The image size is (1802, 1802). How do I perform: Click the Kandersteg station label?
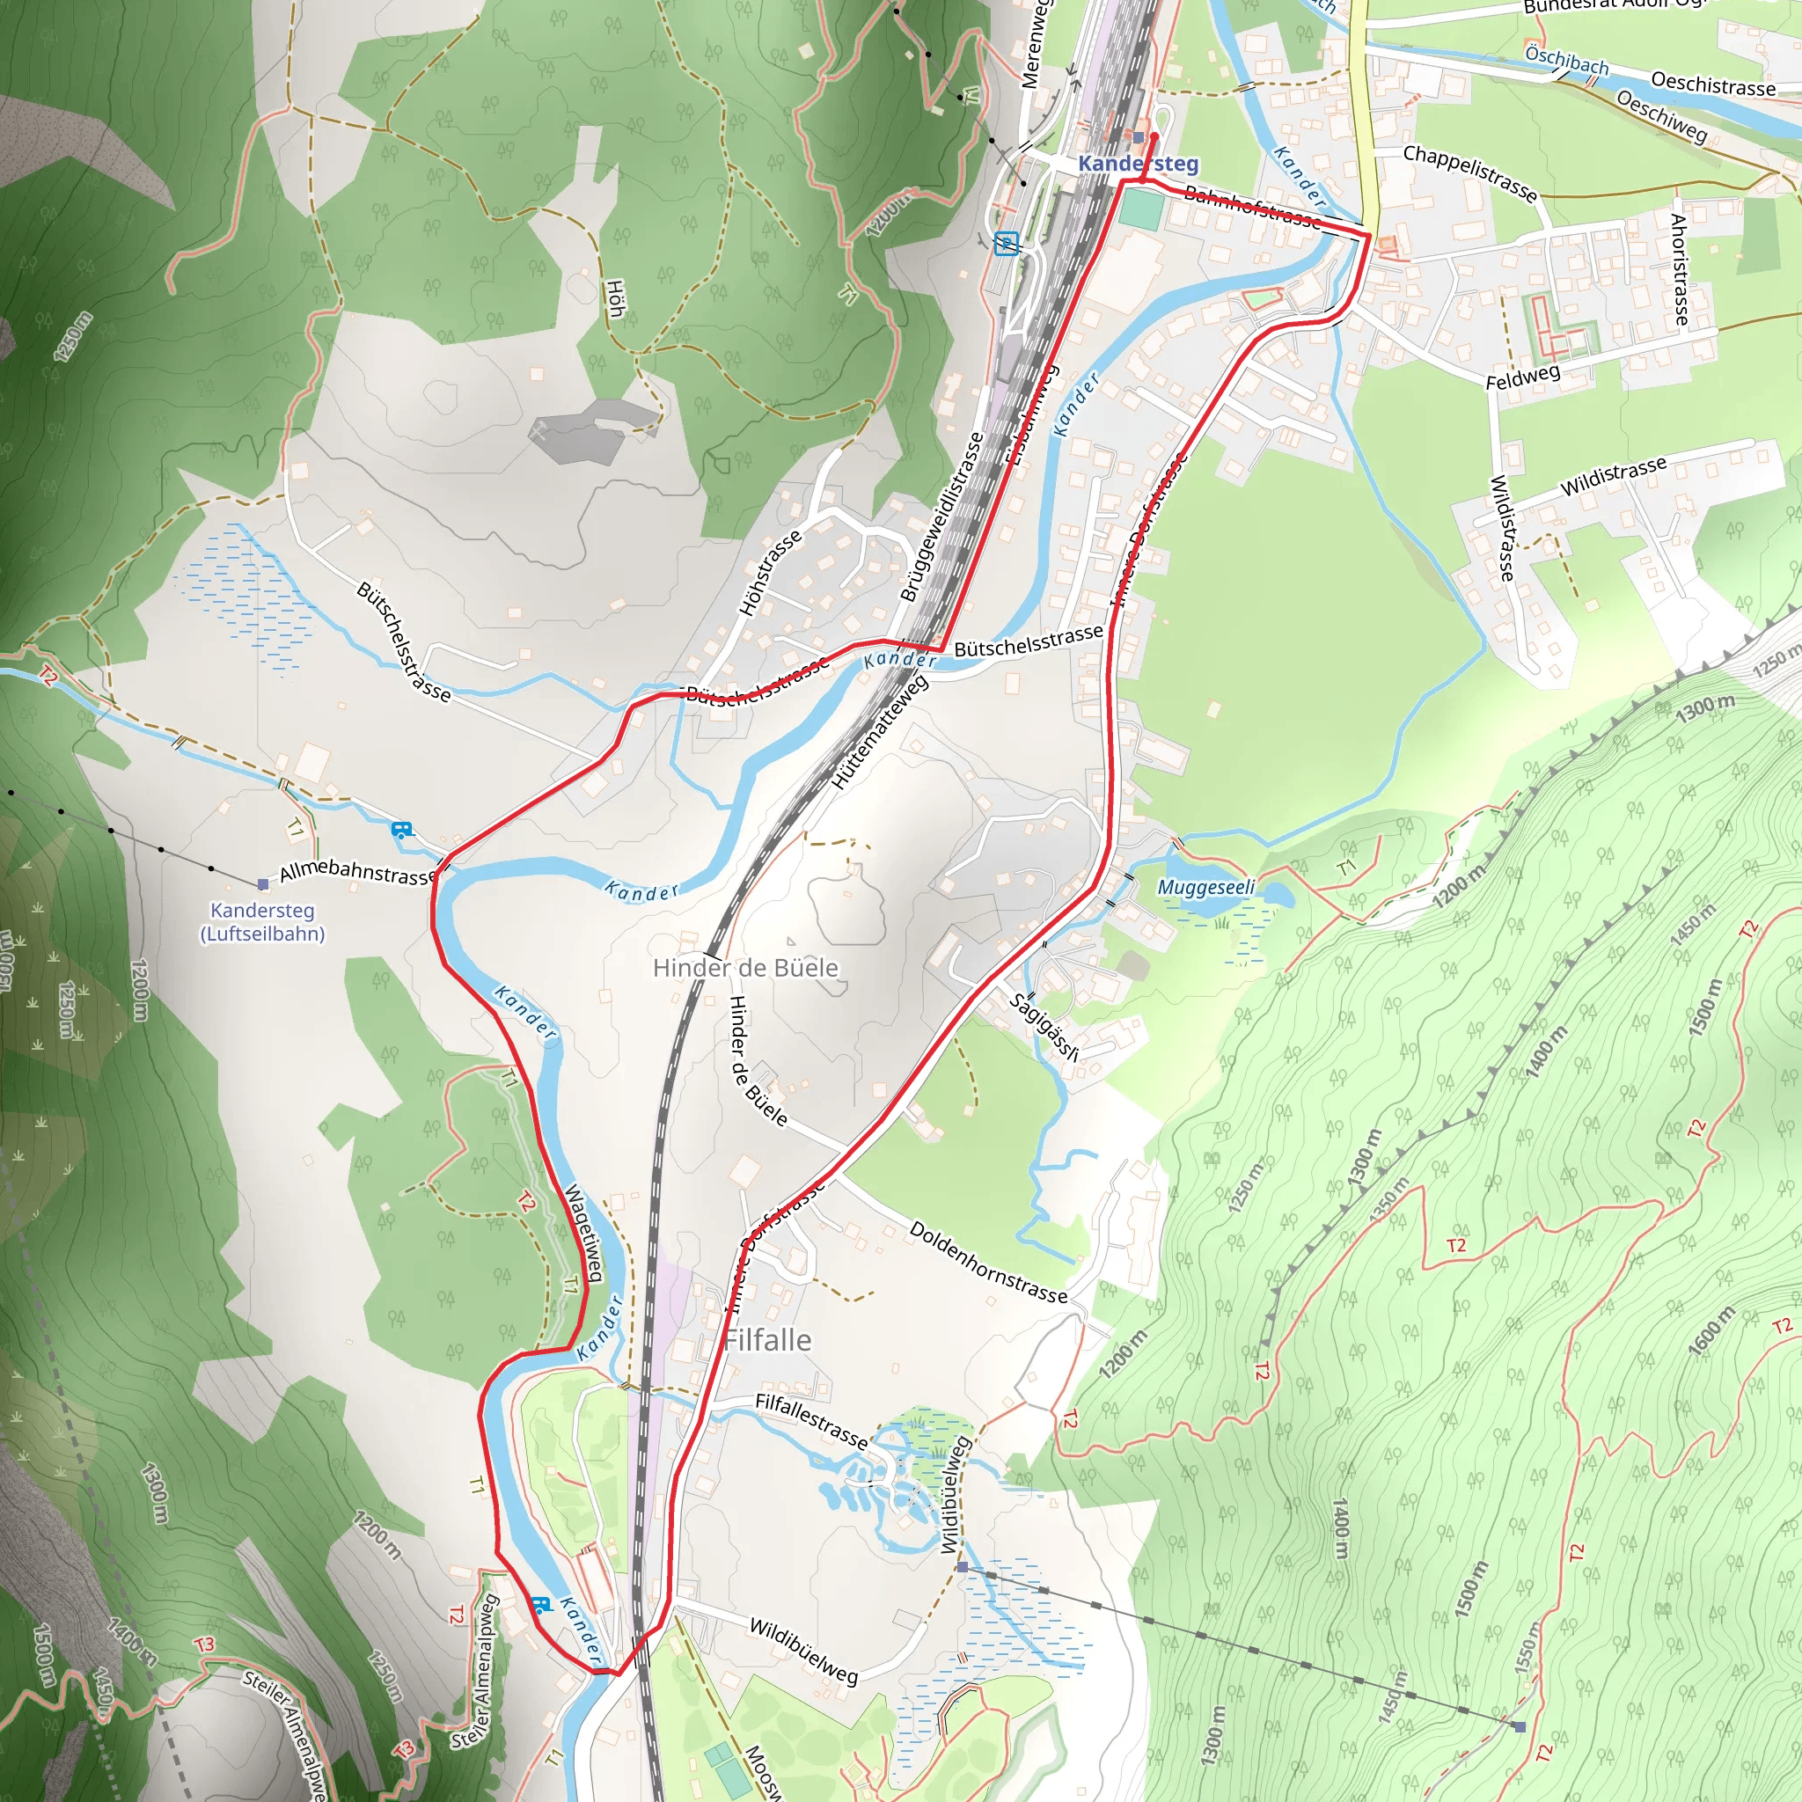point(1138,165)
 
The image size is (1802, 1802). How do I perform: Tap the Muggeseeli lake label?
point(1206,887)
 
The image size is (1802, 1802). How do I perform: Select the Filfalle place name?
point(767,1340)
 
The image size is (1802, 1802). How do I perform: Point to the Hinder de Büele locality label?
point(745,967)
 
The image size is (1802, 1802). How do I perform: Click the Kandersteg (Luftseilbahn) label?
point(263,921)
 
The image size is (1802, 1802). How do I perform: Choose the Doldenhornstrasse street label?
point(988,1262)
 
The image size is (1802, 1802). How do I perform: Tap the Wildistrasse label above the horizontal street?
point(1613,477)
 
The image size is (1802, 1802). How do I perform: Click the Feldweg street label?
point(1523,377)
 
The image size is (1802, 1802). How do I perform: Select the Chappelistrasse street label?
point(1470,172)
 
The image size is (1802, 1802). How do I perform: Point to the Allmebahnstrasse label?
point(358,872)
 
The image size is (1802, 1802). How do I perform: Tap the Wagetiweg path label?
point(584,1233)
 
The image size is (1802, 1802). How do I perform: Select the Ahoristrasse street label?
point(1679,269)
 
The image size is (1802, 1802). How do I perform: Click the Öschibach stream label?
point(1567,61)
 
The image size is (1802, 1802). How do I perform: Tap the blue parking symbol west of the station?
point(1007,244)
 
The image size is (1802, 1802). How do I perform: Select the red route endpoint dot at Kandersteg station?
point(1154,136)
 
